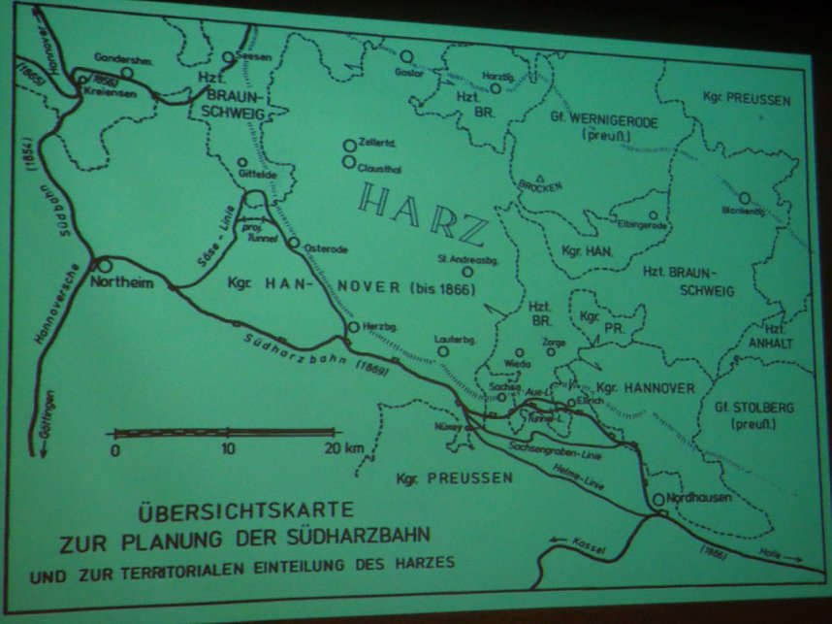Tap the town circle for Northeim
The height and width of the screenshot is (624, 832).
tap(103, 265)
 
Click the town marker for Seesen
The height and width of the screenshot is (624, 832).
tap(228, 57)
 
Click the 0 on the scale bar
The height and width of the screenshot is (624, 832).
tap(115, 450)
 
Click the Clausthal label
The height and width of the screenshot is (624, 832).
tap(379, 167)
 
